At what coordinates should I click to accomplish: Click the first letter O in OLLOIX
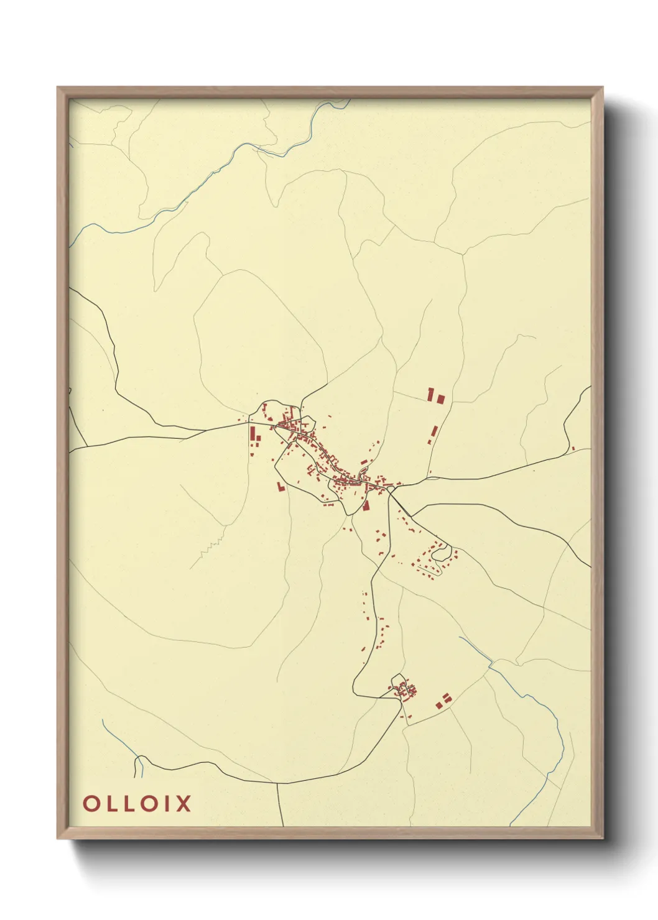pos(91,803)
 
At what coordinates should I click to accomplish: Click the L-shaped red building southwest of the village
pos(280,487)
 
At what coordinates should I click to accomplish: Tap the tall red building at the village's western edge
pos(253,433)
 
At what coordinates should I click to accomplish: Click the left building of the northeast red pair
pos(430,393)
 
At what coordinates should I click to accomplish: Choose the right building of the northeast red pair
pos(441,398)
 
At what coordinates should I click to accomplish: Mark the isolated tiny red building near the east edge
pos(573,448)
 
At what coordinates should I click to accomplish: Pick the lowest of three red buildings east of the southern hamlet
pos(439,706)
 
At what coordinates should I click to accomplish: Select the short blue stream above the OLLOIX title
pos(137,766)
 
